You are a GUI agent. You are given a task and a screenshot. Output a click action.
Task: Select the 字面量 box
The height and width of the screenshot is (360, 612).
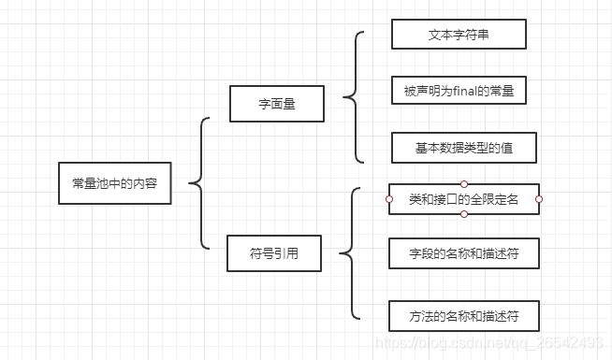pos(276,104)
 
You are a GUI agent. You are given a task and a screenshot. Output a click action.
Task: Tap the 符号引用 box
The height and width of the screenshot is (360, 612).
pos(273,252)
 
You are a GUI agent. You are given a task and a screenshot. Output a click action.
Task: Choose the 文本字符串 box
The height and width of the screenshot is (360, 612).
pos(459,35)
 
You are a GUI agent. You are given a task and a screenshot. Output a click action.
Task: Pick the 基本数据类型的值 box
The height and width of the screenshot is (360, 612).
pos(463,148)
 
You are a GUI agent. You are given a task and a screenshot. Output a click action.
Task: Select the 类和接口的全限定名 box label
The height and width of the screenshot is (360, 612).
pos(463,199)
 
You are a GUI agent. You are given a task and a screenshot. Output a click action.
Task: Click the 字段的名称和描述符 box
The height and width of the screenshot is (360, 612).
pos(463,253)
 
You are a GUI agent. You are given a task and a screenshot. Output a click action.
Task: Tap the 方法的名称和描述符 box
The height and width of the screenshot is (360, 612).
pos(463,317)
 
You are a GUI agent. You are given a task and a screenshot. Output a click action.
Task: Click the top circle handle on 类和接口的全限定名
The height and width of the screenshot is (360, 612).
pos(464,184)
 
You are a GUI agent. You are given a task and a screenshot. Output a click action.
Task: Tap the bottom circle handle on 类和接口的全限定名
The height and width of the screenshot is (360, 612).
pos(464,214)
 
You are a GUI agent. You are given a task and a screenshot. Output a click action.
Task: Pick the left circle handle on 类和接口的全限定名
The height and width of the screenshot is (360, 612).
pos(388,199)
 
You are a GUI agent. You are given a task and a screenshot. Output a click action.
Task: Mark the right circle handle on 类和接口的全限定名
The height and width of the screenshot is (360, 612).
pos(539,199)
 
